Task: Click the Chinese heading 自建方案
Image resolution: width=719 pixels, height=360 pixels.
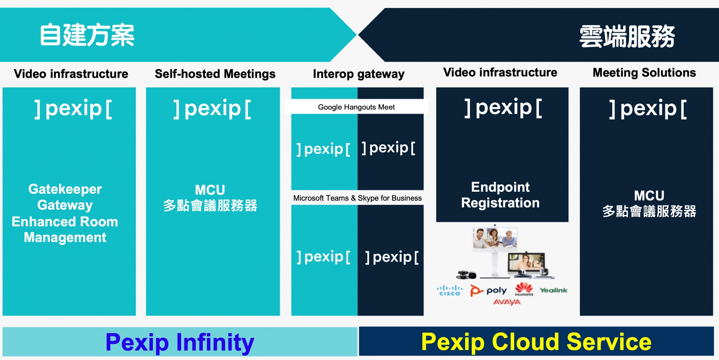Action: tap(87, 35)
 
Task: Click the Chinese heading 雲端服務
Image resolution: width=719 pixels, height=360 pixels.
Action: tap(627, 36)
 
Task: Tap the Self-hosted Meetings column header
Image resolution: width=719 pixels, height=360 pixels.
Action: tap(215, 74)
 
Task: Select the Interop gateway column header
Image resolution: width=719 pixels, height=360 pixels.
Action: tap(359, 74)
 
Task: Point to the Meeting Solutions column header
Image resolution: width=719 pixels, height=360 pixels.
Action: tap(644, 73)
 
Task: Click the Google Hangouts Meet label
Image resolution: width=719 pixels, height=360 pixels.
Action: tap(356, 107)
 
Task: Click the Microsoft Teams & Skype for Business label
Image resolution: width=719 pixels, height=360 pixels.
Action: tap(357, 198)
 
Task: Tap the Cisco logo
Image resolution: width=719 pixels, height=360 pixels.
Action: tap(450, 291)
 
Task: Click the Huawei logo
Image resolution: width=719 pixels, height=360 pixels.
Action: tap(524, 289)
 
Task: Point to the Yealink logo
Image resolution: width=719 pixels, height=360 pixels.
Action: tap(553, 290)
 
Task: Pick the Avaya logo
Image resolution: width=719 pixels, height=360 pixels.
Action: tap(507, 302)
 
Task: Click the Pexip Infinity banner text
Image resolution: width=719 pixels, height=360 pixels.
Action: tap(180, 342)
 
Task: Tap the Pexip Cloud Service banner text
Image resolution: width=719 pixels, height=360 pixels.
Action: tap(536, 342)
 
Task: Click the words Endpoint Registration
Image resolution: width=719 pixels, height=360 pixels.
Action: tap(500, 195)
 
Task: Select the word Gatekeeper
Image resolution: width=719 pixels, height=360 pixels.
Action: tap(65, 189)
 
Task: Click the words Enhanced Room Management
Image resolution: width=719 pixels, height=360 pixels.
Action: tap(65, 229)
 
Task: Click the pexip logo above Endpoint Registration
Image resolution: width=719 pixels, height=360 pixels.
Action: tap(503, 108)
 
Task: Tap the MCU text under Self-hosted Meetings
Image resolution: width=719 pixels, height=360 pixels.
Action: tap(210, 190)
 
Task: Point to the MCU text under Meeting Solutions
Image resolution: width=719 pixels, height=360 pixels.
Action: tap(649, 196)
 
